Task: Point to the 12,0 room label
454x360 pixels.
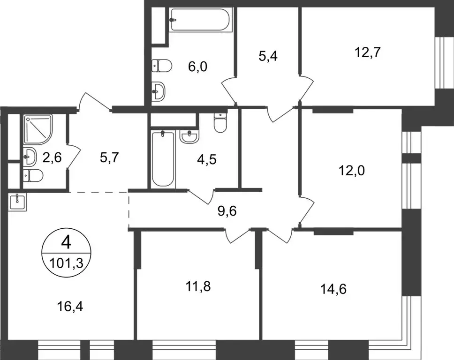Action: coord(351,170)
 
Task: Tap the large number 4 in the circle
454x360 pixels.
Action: coord(66,243)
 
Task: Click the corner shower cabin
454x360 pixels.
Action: coord(38,129)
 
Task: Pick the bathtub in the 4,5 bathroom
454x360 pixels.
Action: coord(163,159)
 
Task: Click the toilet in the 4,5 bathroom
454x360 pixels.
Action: coord(219,123)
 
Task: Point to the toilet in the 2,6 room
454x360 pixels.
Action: coord(32,176)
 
